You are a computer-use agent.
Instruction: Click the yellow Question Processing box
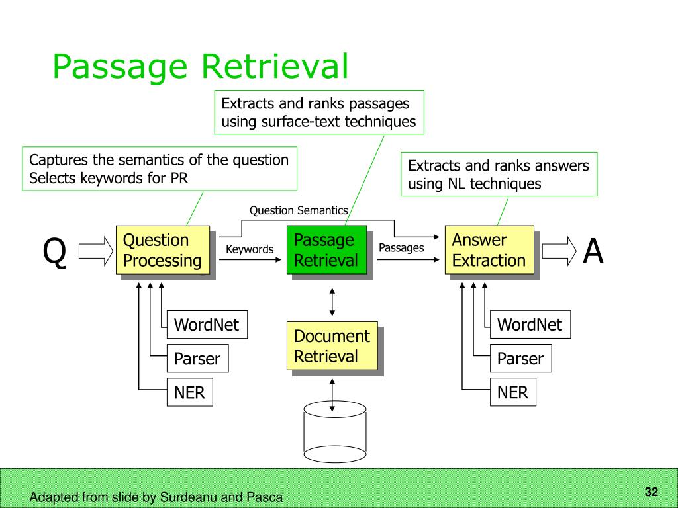[163, 249]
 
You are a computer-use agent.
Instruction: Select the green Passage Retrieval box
[327, 249]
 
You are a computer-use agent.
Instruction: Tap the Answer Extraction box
[489, 249]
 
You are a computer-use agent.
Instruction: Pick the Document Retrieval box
[332, 345]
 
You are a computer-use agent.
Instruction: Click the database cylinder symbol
[334, 432]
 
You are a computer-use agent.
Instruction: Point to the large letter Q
[54, 252]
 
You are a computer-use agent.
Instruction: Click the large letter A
[593, 251]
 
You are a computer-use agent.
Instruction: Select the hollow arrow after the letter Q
[95, 251]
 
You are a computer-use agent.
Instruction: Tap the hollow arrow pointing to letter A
[559, 251]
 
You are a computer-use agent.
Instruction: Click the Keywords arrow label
[250, 249]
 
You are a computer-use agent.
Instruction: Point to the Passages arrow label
[401, 247]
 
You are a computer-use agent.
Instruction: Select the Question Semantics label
[299, 210]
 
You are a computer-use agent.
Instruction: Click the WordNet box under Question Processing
[207, 324]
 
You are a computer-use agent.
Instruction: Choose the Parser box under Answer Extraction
[520, 358]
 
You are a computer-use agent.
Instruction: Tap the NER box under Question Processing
[190, 392]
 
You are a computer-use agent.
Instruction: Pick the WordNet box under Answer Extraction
[530, 324]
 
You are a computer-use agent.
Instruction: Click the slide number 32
[652, 491]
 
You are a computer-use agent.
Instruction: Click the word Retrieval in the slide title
[275, 66]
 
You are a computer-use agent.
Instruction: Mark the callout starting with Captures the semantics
[160, 169]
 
